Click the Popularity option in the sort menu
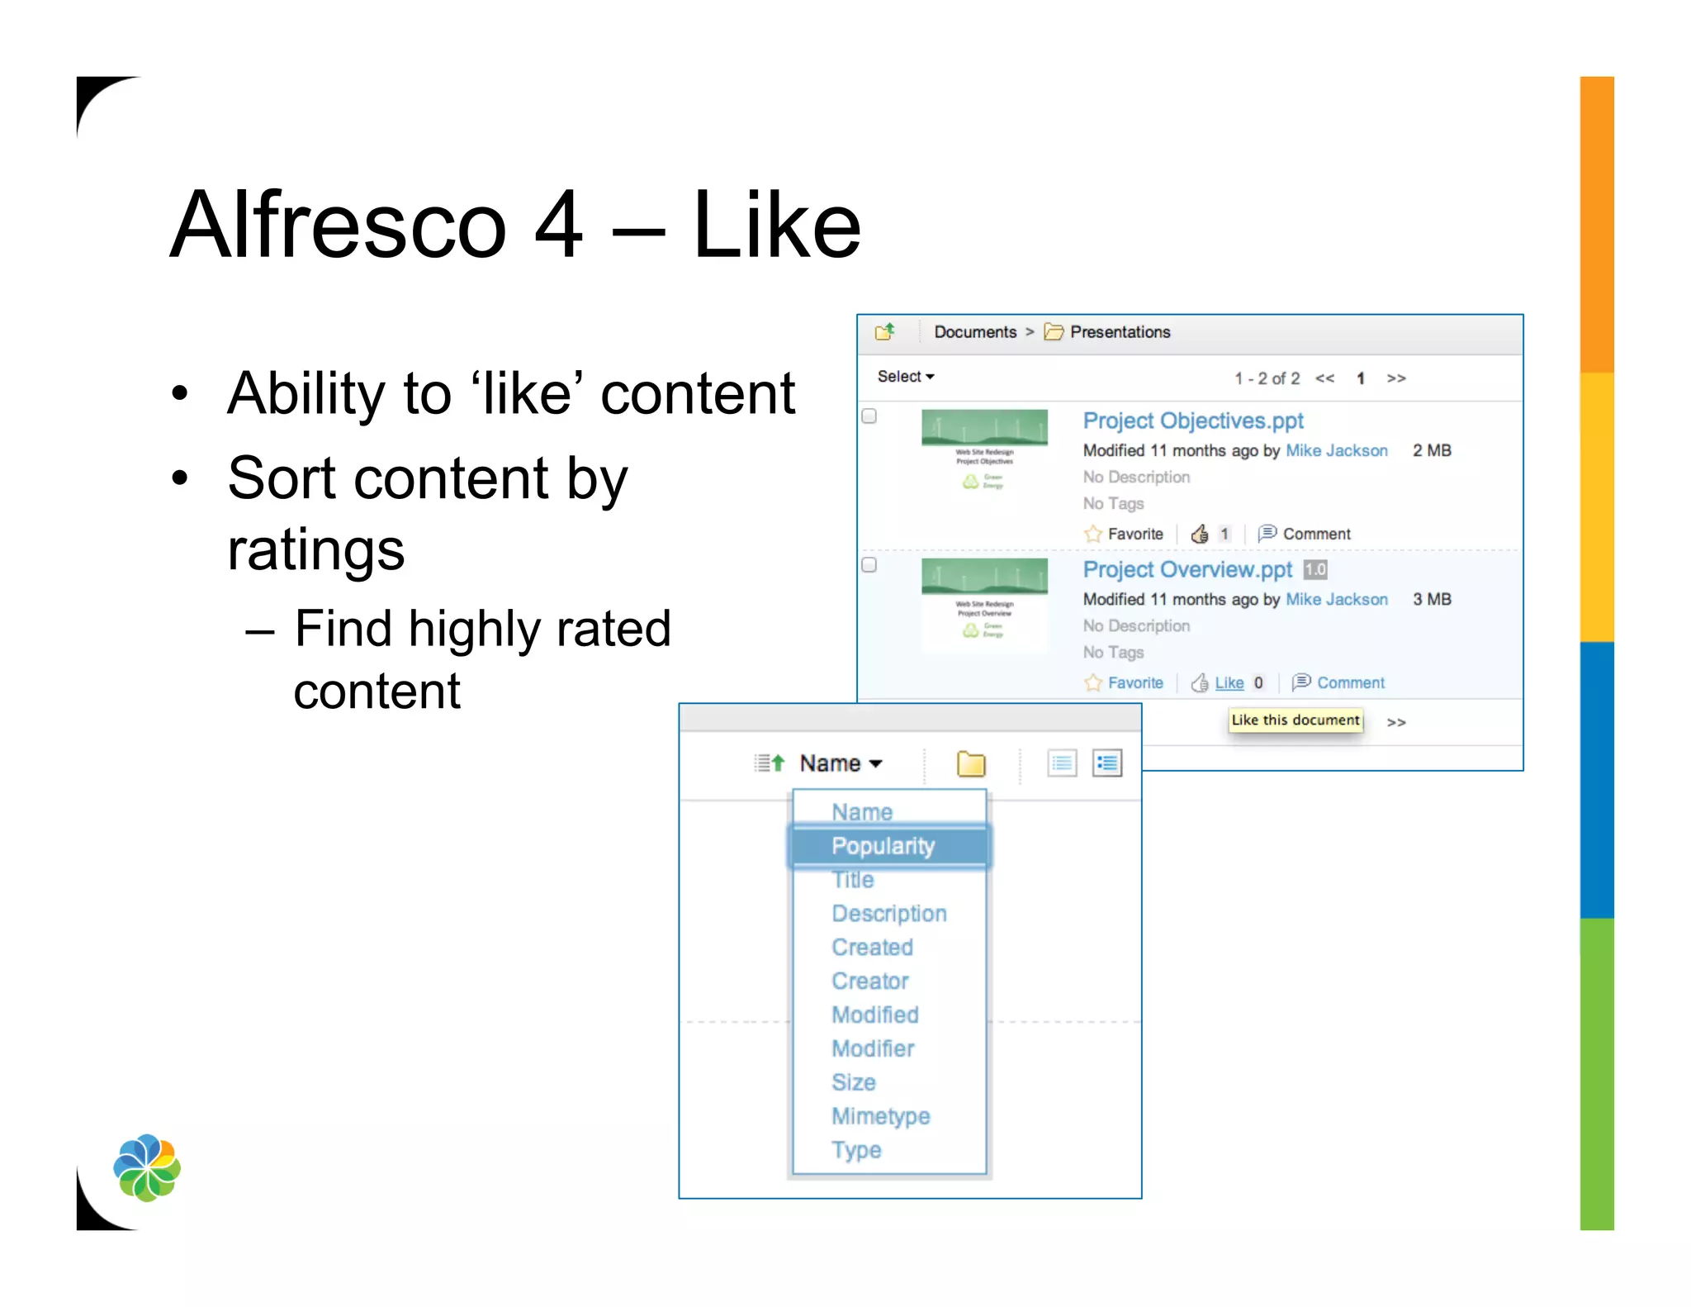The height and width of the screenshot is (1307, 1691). (883, 846)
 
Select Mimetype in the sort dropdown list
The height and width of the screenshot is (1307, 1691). (880, 1116)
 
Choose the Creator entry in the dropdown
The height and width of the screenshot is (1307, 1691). (869, 981)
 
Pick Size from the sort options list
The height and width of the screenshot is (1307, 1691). (853, 1082)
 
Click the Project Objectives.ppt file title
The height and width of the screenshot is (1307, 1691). (1192, 421)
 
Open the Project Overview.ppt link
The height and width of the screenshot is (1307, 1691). (1187, 569)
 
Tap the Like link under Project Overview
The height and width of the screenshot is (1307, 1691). (1229, 682)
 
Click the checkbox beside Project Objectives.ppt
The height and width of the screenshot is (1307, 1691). (869, 416)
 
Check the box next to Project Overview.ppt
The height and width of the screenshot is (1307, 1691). (869, 565)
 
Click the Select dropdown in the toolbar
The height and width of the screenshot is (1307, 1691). (905, 377)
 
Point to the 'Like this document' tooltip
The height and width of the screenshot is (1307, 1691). (1295, 720)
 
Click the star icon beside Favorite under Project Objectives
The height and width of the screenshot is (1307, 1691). (1093, 534)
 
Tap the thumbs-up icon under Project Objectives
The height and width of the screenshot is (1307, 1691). (1200, 534)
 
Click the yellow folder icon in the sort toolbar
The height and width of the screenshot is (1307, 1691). (971, 763)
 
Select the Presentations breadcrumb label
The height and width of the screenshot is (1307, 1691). (1120, 332)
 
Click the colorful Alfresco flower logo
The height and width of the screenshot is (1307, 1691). (147, 1167)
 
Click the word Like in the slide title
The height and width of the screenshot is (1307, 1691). (777, 225)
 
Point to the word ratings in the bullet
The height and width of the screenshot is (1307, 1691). (315, 550)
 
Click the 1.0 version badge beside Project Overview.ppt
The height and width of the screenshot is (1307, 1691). (1315, 569)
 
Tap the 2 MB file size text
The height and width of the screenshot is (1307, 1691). (1431, 450)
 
